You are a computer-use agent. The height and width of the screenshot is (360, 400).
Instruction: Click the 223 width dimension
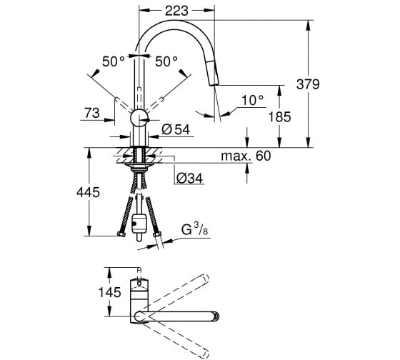176,11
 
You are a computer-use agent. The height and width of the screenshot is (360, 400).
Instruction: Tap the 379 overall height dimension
308,84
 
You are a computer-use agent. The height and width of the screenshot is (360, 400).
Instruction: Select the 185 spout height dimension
279,117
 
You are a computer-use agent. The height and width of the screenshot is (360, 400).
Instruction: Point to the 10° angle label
252,100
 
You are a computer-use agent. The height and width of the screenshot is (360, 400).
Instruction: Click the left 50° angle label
114,61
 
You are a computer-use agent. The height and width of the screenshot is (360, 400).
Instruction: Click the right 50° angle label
166,61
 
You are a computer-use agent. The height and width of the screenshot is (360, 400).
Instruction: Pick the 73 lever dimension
92,113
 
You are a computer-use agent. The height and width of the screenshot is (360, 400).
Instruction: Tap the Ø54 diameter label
176,129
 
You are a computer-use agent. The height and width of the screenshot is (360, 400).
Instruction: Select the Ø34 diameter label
189,178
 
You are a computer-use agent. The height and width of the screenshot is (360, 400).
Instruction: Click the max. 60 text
246,156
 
